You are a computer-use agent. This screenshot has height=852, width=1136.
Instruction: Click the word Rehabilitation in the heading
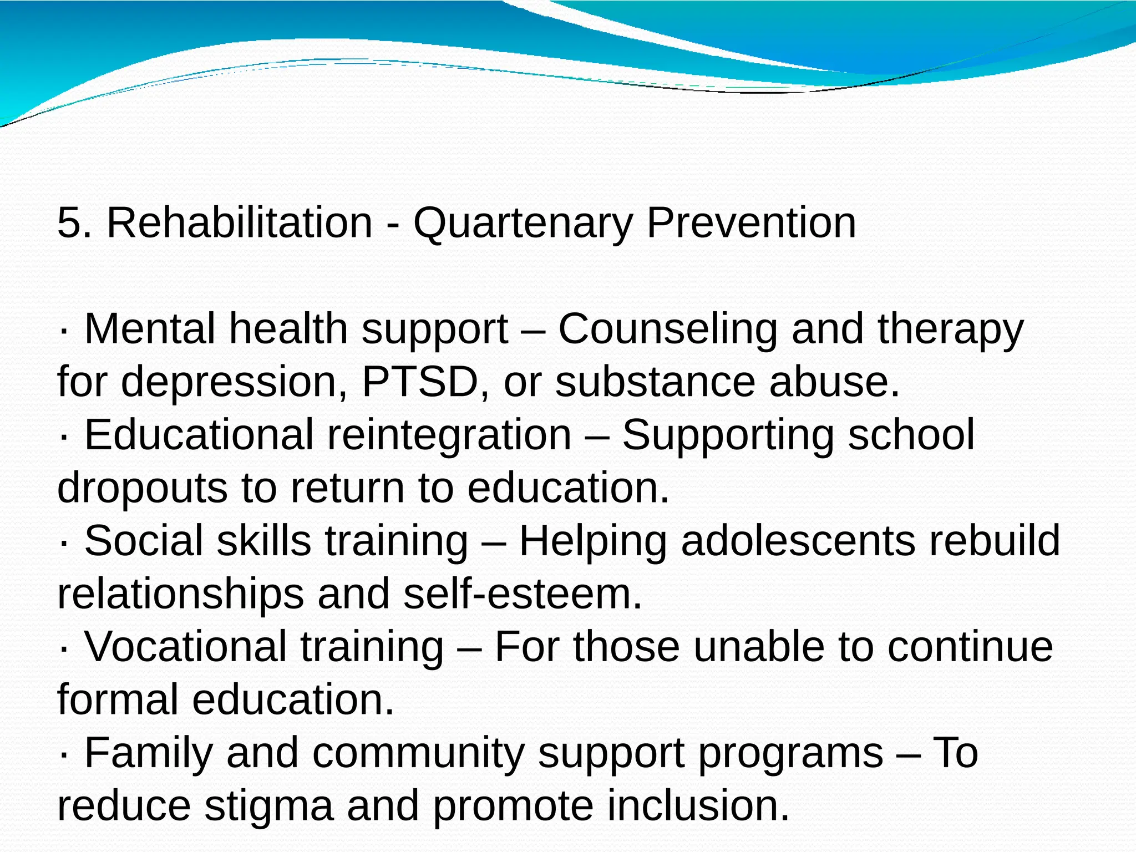(x=239, y=223)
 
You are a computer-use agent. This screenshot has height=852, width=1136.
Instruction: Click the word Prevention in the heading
(x=751, y=223)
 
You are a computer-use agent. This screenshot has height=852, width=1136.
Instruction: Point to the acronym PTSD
(x=420, y=382)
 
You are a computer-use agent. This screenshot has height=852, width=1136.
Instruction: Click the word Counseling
(x=668, y=329)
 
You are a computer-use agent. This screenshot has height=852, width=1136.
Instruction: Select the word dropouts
(x=142, y=489)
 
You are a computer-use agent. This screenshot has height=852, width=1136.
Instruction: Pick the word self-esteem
(x=522, y=594)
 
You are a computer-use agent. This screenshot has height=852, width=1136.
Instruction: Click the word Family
(x=149, y=753)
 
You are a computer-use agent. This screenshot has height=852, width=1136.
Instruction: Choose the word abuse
(x=834, y=382)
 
